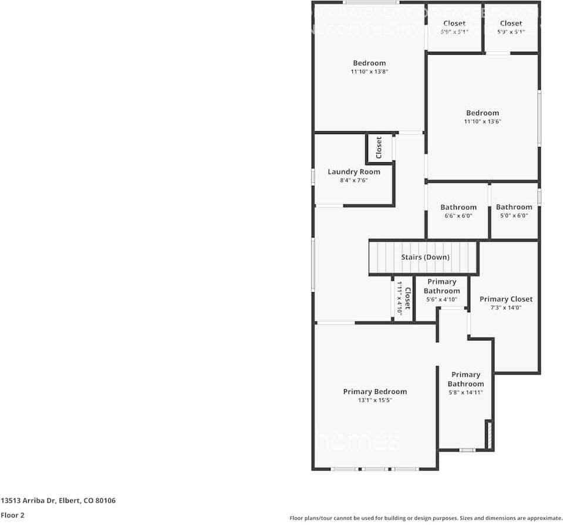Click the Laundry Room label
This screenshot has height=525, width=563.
[353, 172]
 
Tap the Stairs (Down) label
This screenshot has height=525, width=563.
[425, 258]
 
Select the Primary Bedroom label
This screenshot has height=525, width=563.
[375, 392]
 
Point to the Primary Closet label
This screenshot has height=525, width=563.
[505, 299]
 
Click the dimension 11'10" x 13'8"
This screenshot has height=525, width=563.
[369, 72]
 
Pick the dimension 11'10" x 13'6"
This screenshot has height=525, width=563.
[483, 122]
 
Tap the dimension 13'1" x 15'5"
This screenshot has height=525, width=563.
[375, 400]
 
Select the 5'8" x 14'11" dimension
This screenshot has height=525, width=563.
[466, 393]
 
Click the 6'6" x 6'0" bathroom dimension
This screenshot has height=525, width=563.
[458, 216]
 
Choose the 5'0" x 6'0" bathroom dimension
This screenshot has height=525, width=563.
[514, 216]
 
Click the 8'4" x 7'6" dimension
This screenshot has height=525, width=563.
[353, 180]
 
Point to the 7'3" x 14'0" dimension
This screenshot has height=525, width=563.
[505, 307]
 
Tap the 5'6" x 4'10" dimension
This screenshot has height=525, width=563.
[441, 299]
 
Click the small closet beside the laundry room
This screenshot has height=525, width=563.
[379, 148]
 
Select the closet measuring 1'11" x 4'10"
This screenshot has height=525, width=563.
[403, 299]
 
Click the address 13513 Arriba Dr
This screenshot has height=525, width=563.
[58, 501]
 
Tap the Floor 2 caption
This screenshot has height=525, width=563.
[12, 515]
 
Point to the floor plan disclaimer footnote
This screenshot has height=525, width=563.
[426, 518]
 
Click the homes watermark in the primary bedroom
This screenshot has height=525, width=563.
[358, 442]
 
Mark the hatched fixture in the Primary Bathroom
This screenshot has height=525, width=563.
[487, 435]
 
